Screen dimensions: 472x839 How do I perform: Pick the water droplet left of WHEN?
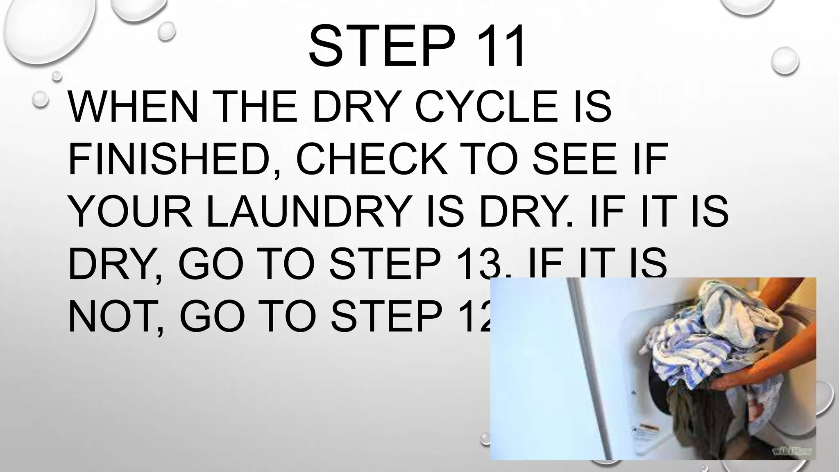click(x=41, y=100)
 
